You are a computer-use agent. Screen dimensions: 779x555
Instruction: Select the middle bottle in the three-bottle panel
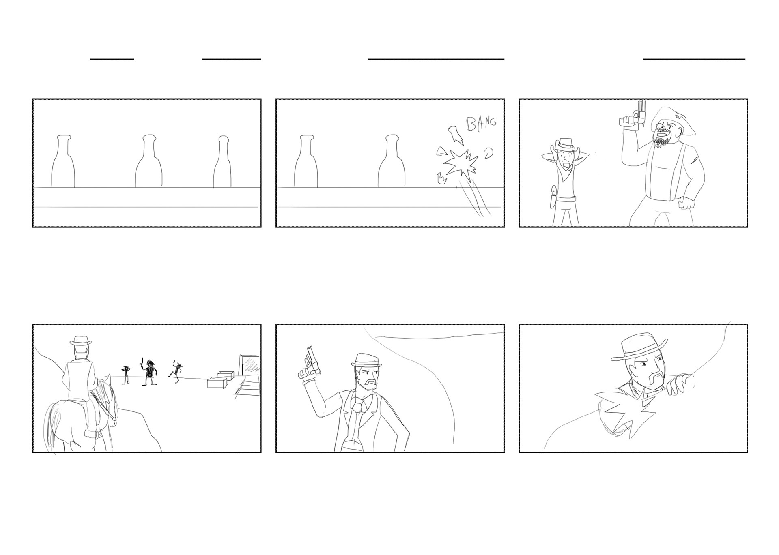(148, 161)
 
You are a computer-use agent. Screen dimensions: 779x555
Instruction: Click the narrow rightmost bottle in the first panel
(222, 162)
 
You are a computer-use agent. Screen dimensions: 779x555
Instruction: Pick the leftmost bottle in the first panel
(63, 161)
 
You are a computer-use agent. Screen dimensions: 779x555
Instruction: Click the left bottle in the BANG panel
(306, 161)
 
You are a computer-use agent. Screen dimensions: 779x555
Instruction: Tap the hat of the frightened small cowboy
(564, 144)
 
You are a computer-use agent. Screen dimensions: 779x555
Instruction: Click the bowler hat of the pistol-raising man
(366, 360)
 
